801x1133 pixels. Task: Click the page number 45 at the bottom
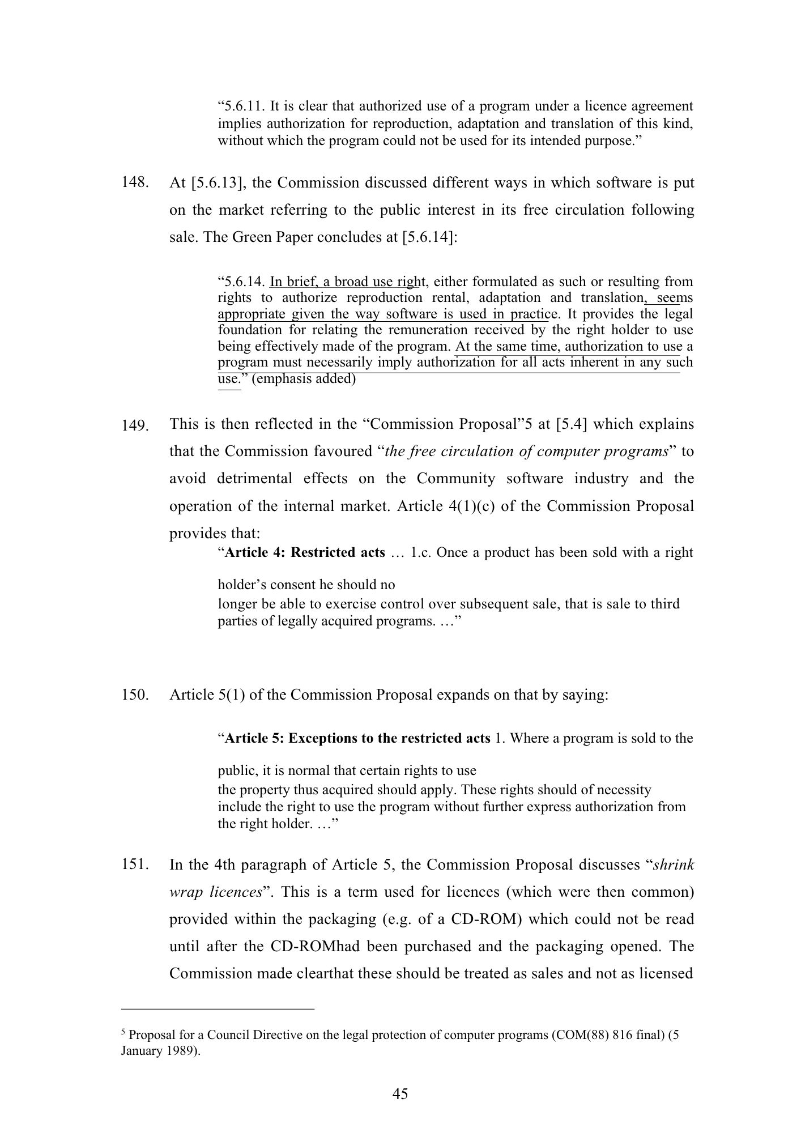[400, 1094]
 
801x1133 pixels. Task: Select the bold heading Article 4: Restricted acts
[305, 552]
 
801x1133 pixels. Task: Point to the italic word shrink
[674, 865]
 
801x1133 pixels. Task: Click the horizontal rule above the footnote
[218, 1009]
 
